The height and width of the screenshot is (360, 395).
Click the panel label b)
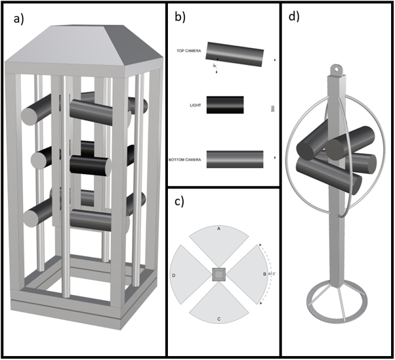179,18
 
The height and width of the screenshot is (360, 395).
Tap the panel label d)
294,18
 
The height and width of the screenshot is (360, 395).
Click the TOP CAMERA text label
189,51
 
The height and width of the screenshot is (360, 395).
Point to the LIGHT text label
196,105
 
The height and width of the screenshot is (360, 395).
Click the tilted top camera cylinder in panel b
234,55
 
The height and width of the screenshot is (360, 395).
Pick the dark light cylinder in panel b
225,105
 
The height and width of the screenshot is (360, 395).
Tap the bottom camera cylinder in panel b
234,159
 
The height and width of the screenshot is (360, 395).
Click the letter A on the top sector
219,229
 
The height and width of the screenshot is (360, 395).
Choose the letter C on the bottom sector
219,319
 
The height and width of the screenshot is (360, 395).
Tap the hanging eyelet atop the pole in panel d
337,67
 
